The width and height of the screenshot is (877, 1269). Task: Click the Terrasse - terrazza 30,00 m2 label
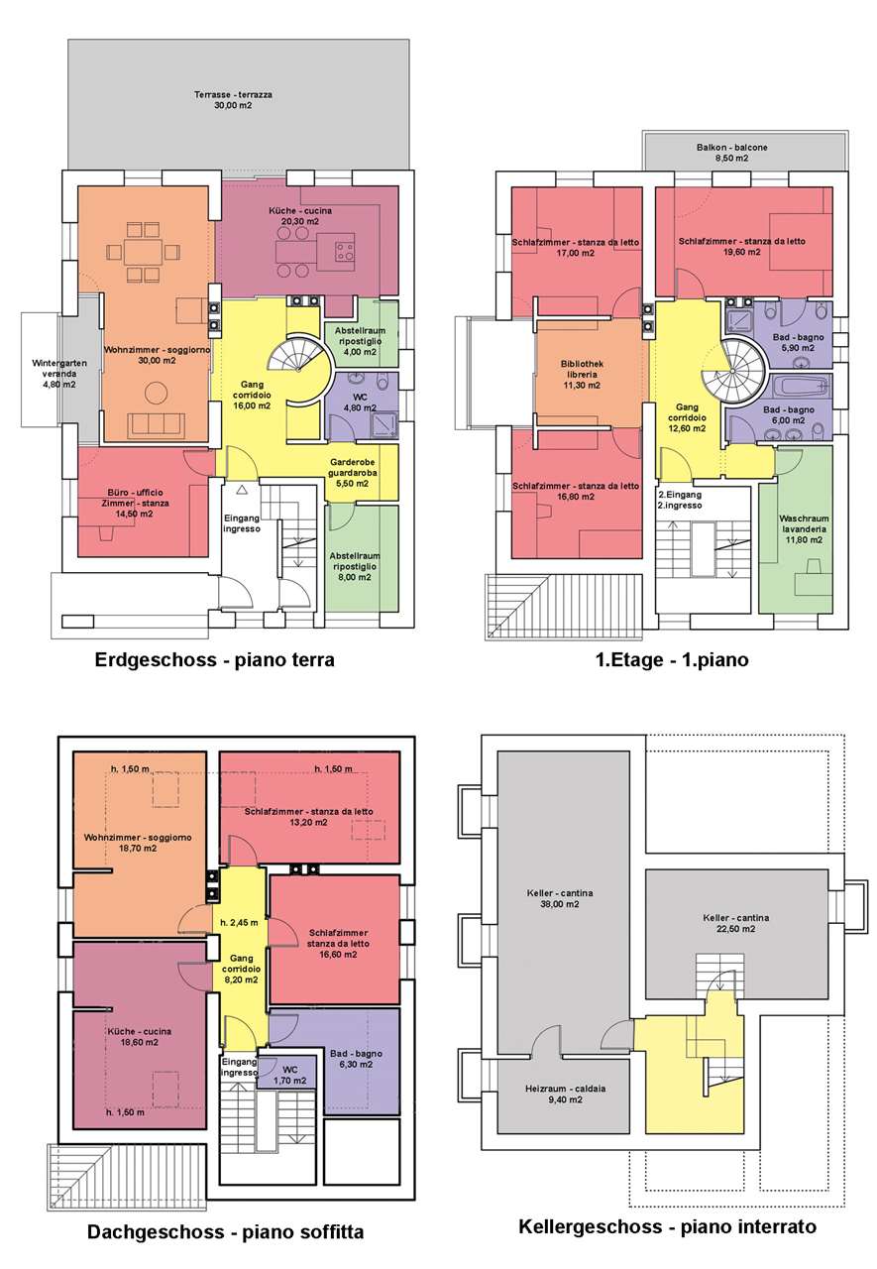[x=233, y=100]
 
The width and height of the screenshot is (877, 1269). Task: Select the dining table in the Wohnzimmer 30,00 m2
[x=143, y=251]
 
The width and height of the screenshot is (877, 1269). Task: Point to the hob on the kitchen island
[x=345, y=251]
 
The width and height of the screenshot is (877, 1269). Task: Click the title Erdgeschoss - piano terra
[x=214, y=659]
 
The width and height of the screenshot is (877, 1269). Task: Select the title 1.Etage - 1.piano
[x=672, y=659]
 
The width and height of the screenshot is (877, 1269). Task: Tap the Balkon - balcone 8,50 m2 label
[x=731, y=153]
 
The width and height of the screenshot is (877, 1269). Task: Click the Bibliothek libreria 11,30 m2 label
[x=582, y=374]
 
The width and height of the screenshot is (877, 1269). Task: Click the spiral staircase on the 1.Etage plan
[x=732, y=371]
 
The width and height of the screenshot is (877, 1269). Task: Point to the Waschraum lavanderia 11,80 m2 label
[x=804, y=528]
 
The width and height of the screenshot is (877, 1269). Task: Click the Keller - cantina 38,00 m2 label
[x=559, y=898]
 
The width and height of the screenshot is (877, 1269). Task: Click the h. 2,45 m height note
[x=239, y=922]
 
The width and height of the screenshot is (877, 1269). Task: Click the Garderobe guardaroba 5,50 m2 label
[x=352, y=473]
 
